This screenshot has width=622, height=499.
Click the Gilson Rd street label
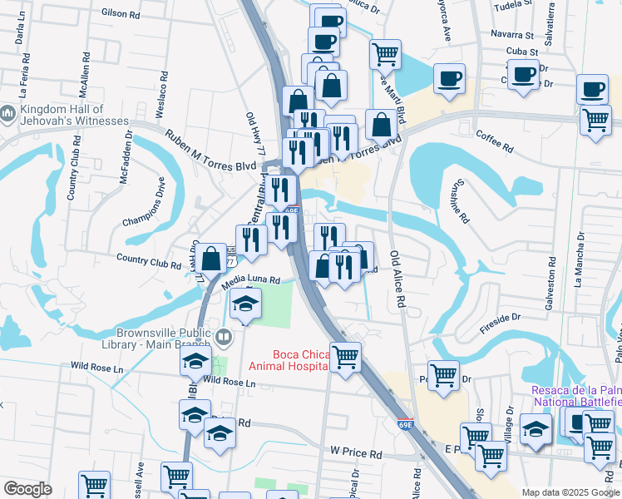point(121,14)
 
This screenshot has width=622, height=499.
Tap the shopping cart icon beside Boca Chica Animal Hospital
point(346,358)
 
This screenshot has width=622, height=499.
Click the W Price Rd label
point(355,454)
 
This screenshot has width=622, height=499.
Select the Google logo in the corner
point(28,489)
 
